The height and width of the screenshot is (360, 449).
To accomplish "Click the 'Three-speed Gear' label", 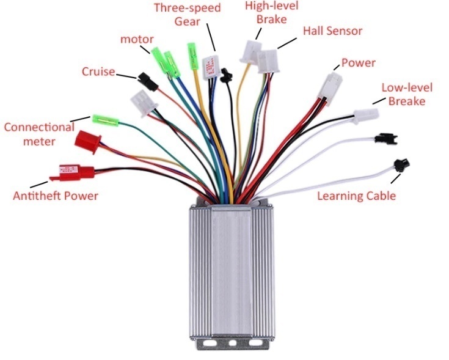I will click(188, 14).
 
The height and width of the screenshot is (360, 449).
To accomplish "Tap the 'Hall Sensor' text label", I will click(332, 31).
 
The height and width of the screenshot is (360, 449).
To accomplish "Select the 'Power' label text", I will click(358, 62).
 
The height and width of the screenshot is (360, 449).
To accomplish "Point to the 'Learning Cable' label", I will click(356, 196).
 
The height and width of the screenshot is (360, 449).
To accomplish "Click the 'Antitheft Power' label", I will click(56, 196).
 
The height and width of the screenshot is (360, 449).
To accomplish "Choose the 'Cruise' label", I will click(98, 72).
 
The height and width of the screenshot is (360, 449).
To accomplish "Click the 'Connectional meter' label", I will click(38, 134).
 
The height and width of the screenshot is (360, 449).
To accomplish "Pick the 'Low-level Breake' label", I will click(403, 94).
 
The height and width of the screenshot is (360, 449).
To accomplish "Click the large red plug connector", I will click(88, 142).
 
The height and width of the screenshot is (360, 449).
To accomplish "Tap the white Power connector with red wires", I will click(331, 84).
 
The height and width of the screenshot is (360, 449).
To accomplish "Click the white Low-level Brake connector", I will click(365, 116).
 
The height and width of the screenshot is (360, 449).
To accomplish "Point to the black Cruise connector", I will click(145, 79).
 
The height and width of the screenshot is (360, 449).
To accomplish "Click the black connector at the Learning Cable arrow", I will click(401, 164).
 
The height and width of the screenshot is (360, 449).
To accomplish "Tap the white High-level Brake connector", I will click(251, 51).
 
